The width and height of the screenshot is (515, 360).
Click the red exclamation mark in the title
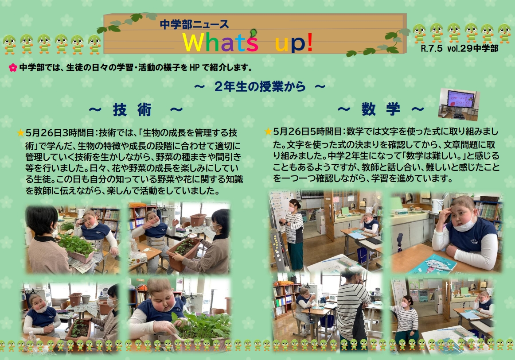point(309,43)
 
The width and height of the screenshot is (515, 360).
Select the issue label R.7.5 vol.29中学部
point(460,49)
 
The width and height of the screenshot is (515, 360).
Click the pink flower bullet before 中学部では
point(13,68)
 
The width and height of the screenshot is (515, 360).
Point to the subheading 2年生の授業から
point(260,87)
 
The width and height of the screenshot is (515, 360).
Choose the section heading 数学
point(381,109)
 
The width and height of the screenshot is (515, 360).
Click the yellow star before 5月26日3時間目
point(21,133)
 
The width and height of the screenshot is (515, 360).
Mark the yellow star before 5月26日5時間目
point(268,132)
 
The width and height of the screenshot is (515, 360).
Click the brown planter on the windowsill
point(198,220)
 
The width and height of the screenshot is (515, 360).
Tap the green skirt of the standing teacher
point(296,255)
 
